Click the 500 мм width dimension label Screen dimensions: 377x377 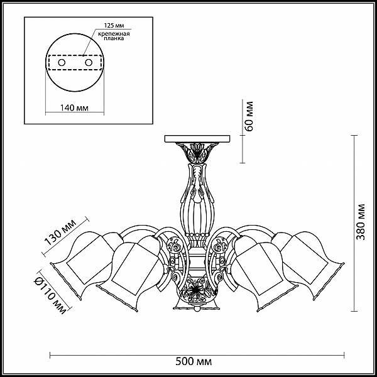point(194,361)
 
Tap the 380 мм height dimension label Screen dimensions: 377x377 point(361,222)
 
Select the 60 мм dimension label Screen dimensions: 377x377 point(249,116)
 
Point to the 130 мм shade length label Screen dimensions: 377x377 point(60,232)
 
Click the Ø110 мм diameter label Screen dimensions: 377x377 point(50,295)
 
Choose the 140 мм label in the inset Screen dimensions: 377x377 point(74,107)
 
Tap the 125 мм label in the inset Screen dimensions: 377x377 point(114,26)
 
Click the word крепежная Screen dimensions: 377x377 point(114,33)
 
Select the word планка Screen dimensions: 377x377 point(114,38)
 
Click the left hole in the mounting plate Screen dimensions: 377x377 point(62,63)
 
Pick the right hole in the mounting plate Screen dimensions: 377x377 point(89,63)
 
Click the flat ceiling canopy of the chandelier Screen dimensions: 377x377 point(197,139)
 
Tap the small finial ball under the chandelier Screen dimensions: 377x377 point(197,308)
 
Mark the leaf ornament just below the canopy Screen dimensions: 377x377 point(197,151)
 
